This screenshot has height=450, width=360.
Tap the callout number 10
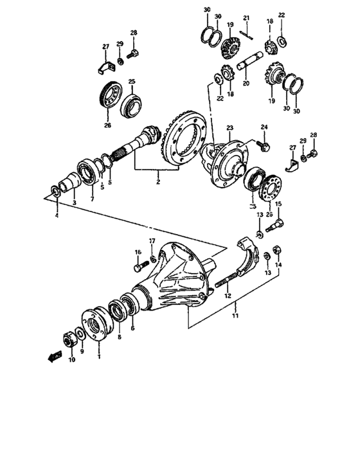[x=71, y=360]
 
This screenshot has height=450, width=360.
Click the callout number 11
[x=235, y=316]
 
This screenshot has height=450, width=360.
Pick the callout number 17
[x=152, y=241]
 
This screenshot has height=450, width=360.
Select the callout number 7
[x=92, y=200]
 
